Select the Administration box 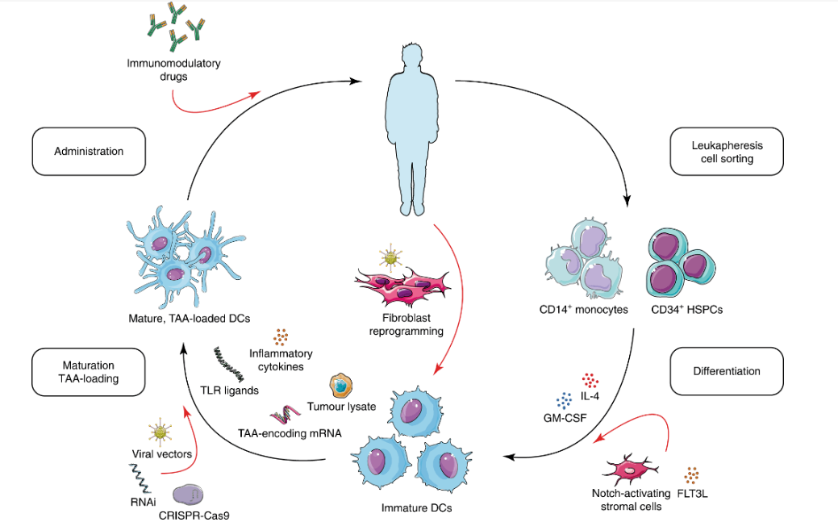coord(89,151)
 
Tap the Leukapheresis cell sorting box coord(727,152)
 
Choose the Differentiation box coord(727,372)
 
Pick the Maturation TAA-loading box coord(89,371)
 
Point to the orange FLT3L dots coord(694,474)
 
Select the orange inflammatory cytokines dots coord(281,336)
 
